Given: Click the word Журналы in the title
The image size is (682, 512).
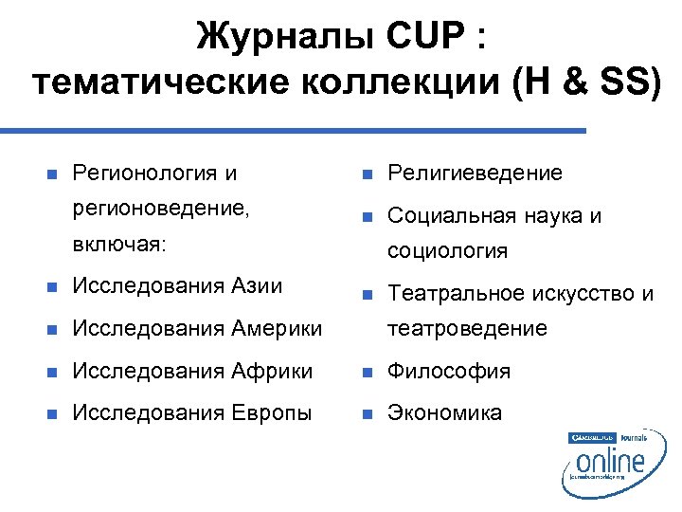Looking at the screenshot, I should (x=280, y=39).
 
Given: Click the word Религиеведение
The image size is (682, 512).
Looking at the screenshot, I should (x=476, y=174).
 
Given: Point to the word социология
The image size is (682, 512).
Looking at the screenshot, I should (x=448, y=251).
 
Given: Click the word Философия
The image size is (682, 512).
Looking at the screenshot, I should (x=450, y=371).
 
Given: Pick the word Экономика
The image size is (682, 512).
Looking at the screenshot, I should (x=445, y=413).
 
